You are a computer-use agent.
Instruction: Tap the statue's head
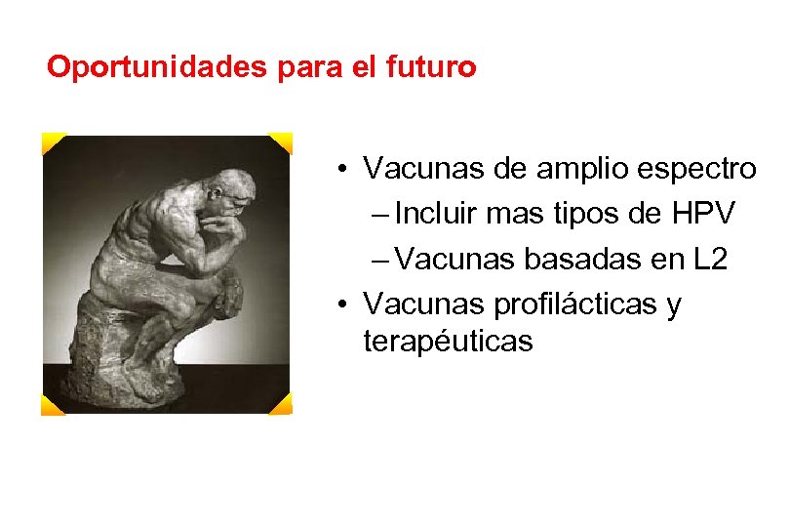[x=233, y=190]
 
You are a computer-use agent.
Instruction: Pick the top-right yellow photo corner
[x=281, y=143]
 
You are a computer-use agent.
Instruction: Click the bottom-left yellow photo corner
[x=52, y=404]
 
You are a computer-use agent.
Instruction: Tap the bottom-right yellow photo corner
[x=281, y=403]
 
